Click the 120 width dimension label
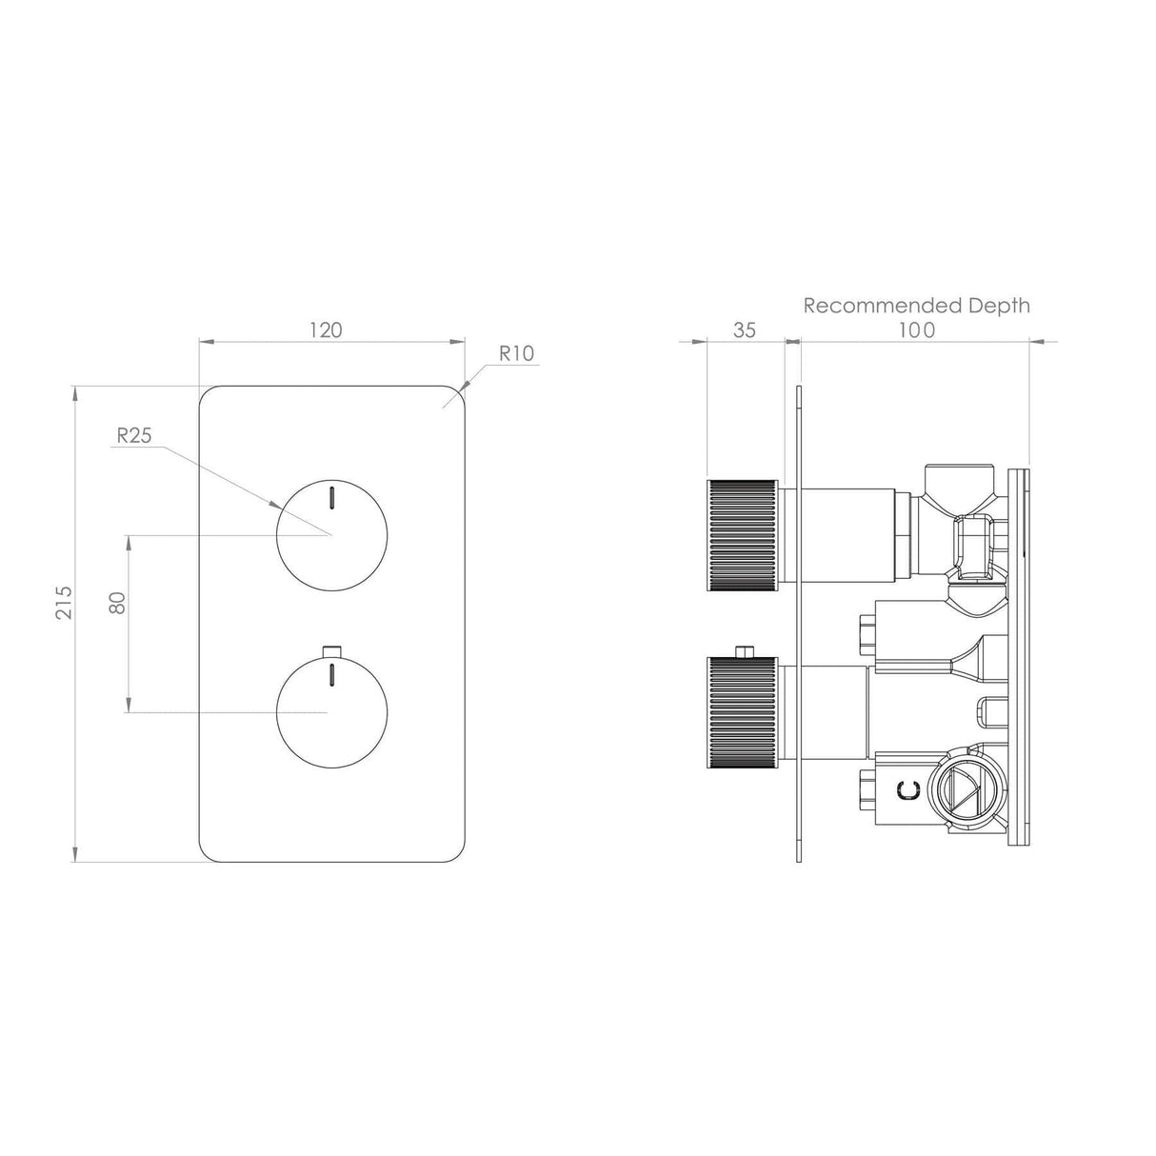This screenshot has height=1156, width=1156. coord(326,330)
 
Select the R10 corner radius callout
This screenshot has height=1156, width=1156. coord(517,353)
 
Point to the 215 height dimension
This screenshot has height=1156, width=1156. coord(64,602)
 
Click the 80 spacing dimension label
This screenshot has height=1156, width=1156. coord(118,602)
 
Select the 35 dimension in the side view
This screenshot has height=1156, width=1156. coord(745,330)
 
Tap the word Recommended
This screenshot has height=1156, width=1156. coord(869,306)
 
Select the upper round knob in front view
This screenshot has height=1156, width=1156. coord(331,533)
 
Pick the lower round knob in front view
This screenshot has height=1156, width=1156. coord(331,711)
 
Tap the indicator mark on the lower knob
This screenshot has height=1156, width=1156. coord(331,675)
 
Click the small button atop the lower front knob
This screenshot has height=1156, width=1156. coord(331,650)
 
